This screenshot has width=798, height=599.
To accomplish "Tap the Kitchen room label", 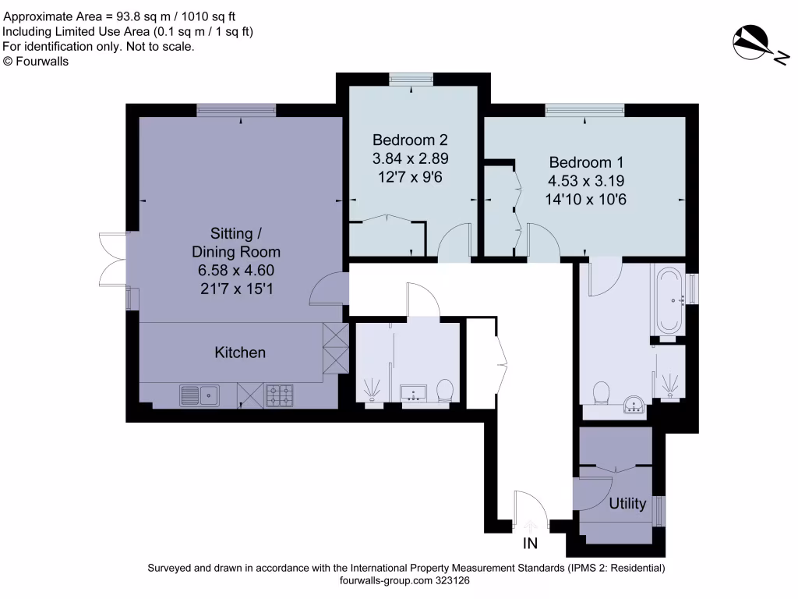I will (x=240, y=353).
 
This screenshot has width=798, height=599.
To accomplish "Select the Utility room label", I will (x=627, y=504).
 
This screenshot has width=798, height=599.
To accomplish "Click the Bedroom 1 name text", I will (x=586, y=163).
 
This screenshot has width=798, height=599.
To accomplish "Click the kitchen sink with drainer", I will (x=199, y=395).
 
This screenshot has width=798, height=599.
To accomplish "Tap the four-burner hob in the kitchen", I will (x=280, y=395).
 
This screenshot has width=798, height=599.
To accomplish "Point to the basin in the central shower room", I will (x=411, y=392).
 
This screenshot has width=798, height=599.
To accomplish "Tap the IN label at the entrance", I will (x=530, y=542).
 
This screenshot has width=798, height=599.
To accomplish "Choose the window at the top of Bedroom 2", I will (x=411, y=77).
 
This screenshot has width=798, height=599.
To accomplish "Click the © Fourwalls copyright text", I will (x=36, y=62).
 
